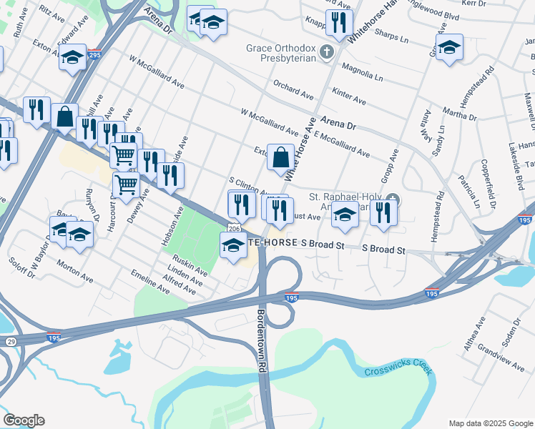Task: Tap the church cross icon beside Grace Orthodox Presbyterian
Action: coord(326,51)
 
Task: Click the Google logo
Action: coord(24,420)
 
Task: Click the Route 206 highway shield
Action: coord(233,227)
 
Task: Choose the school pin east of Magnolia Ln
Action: coord(449,49)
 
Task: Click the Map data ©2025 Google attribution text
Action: coord(490,423)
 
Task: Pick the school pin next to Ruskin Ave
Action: coord(233,247)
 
